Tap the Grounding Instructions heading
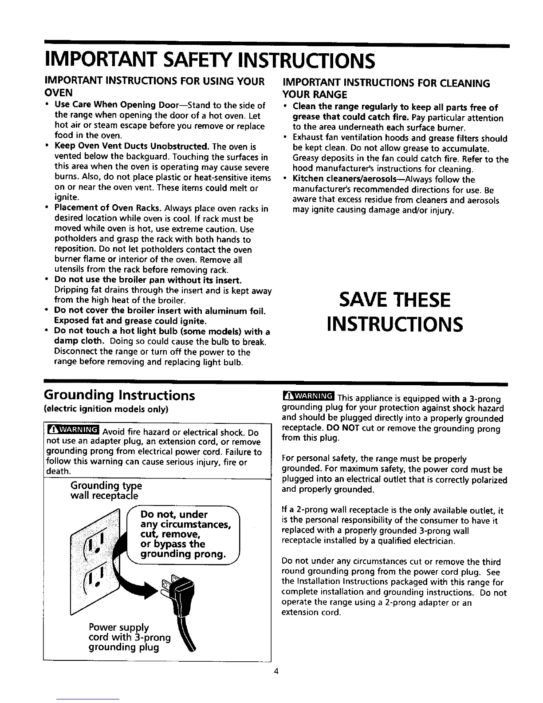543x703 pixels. [x=119, y=395]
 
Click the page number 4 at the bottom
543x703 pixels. [x=275, y=671]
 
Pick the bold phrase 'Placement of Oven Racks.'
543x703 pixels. [x=108, y=209]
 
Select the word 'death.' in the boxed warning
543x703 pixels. [x=58, y=470]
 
